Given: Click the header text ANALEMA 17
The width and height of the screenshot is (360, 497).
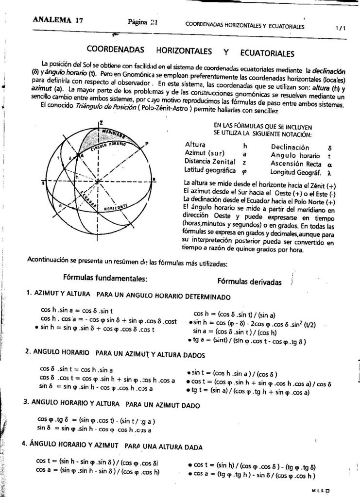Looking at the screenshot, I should (57, 20).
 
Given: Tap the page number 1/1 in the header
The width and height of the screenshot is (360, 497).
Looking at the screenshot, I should (341, 28).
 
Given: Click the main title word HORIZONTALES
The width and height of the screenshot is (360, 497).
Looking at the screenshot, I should (184, 50).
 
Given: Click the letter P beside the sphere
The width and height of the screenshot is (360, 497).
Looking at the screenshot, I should (147, 144).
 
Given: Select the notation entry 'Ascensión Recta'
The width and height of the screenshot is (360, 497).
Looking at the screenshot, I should (293, 164).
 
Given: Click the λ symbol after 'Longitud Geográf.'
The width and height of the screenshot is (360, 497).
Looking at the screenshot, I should (329, 172).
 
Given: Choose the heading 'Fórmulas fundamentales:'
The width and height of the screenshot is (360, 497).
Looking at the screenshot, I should (105, 278).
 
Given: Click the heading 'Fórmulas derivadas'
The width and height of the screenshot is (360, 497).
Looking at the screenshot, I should (249, 282).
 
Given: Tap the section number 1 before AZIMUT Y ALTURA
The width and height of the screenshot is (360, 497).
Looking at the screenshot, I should (28, 293).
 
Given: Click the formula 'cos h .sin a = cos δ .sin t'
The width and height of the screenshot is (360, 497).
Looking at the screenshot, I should (77, 310).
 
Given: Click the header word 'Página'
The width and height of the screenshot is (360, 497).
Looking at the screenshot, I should (137, 22).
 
